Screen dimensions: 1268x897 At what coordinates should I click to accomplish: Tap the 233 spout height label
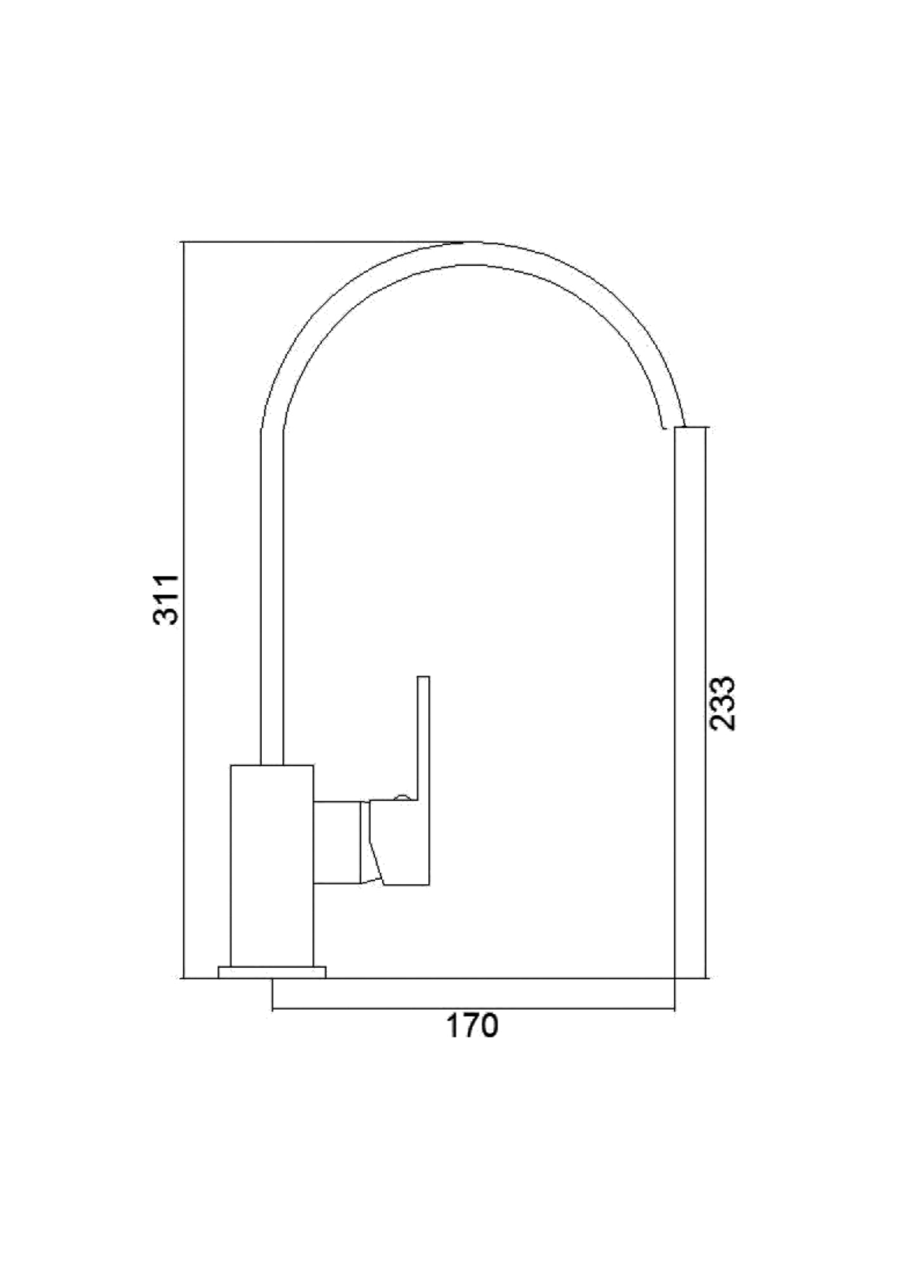[x=723, y=703]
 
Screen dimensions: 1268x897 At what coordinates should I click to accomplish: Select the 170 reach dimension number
[x=473, y=1026]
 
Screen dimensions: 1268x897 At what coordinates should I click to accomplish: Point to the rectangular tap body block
[x=272, y=875]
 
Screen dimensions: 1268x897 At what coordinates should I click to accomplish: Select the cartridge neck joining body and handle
[x=337, y=843]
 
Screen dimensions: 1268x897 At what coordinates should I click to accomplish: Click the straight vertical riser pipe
[x=272, y=602]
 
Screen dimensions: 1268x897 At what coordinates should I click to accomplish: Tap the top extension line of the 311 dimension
[x=317, y=242]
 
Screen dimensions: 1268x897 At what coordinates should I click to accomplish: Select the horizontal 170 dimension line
[x=473, y=1008]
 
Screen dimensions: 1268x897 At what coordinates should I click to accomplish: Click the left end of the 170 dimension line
[x=272, y=1008]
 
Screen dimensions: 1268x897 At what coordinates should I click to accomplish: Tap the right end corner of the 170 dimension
[x=674, y=1008]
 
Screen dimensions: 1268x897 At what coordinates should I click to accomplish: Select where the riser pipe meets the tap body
[x=272, y=765]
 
